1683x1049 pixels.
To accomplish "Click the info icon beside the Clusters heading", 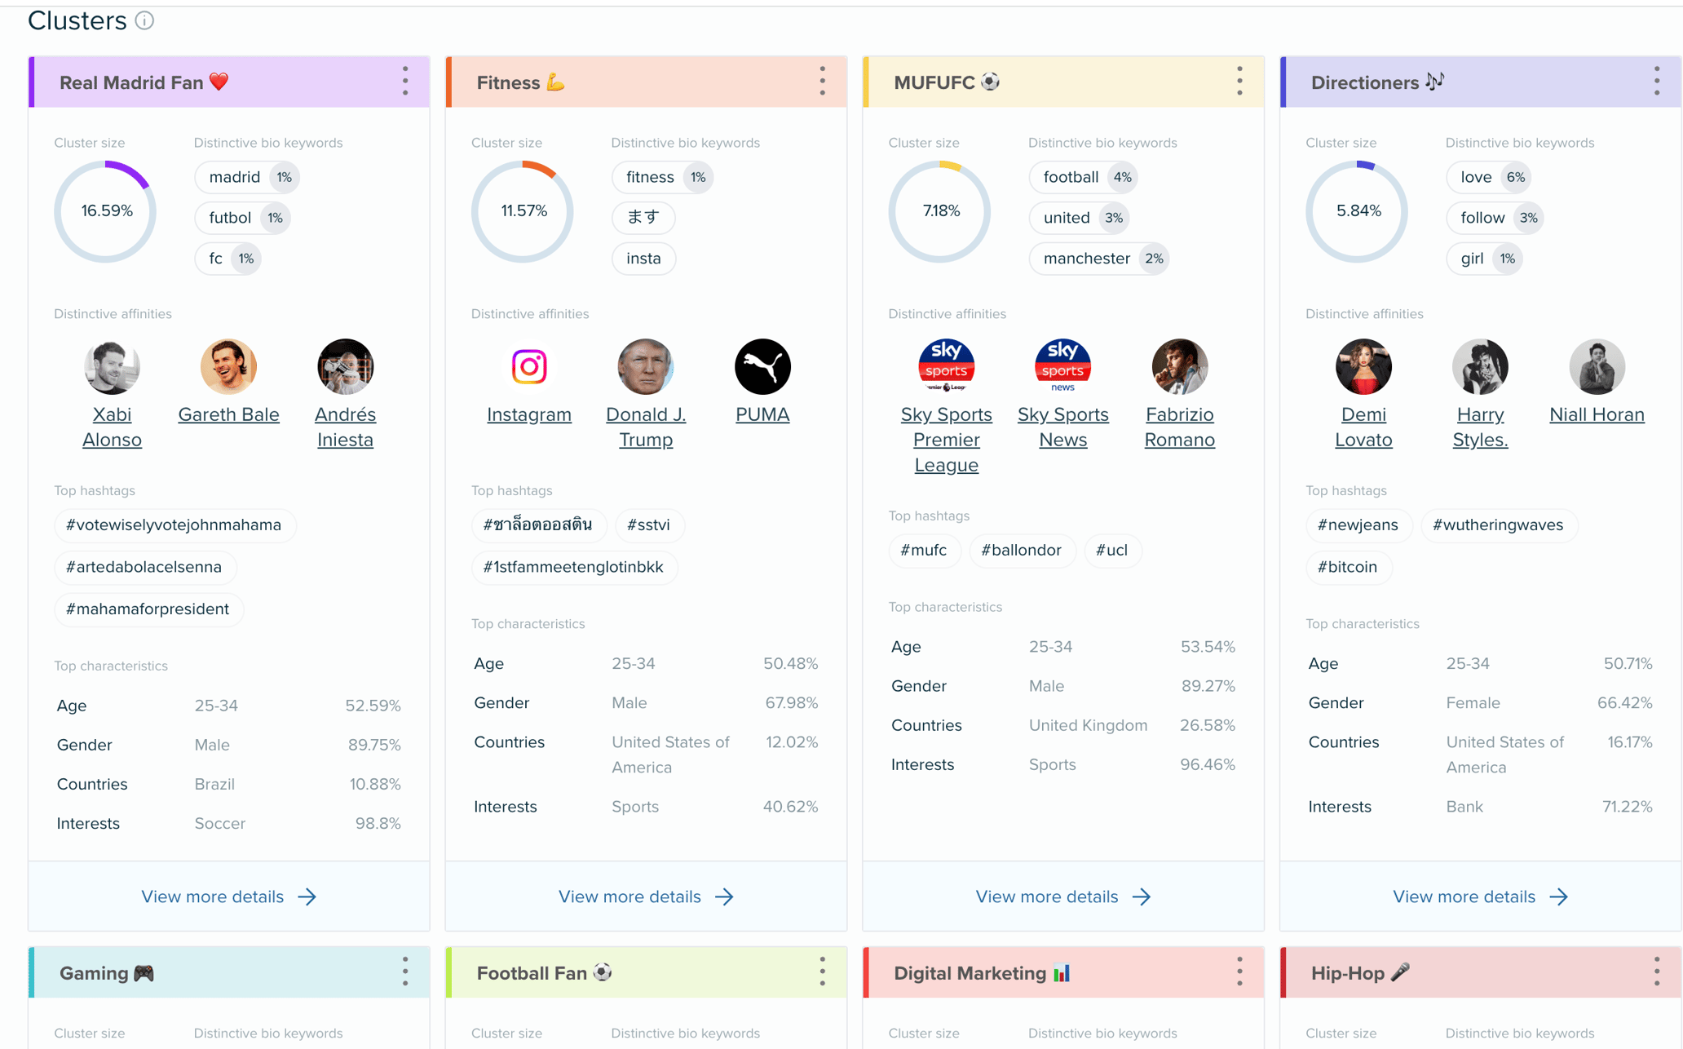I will coord(144,20).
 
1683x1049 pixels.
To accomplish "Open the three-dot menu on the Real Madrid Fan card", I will coord(405,82).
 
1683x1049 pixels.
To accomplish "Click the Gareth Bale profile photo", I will coord(228,366).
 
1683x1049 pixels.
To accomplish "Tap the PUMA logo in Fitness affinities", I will coord(762,366).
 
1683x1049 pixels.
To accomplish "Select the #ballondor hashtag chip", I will coord(1021,550).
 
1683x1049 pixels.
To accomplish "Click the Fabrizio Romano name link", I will coord(1179,427).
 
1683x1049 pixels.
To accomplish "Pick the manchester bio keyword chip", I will coord(1086,259).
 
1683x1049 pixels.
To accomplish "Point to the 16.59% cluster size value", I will coord(107,210).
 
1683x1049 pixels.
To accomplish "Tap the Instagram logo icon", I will coord(529,366).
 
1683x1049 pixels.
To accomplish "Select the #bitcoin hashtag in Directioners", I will coord(1347,567).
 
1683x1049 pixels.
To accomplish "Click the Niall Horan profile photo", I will coord(1597,366).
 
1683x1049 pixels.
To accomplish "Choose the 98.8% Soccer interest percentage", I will coord(378,823).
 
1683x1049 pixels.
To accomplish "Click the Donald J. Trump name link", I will coord(646,427).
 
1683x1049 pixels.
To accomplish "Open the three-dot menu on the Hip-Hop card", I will coord(1656,972).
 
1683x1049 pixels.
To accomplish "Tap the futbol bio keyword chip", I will coord(230,218).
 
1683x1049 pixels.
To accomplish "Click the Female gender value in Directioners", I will coord(1473,702).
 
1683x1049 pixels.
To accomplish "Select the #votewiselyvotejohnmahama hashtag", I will coord(174,524).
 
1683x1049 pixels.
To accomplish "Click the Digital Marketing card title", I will coord(970,972).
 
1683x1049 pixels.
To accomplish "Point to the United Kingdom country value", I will coord(1088,725).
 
